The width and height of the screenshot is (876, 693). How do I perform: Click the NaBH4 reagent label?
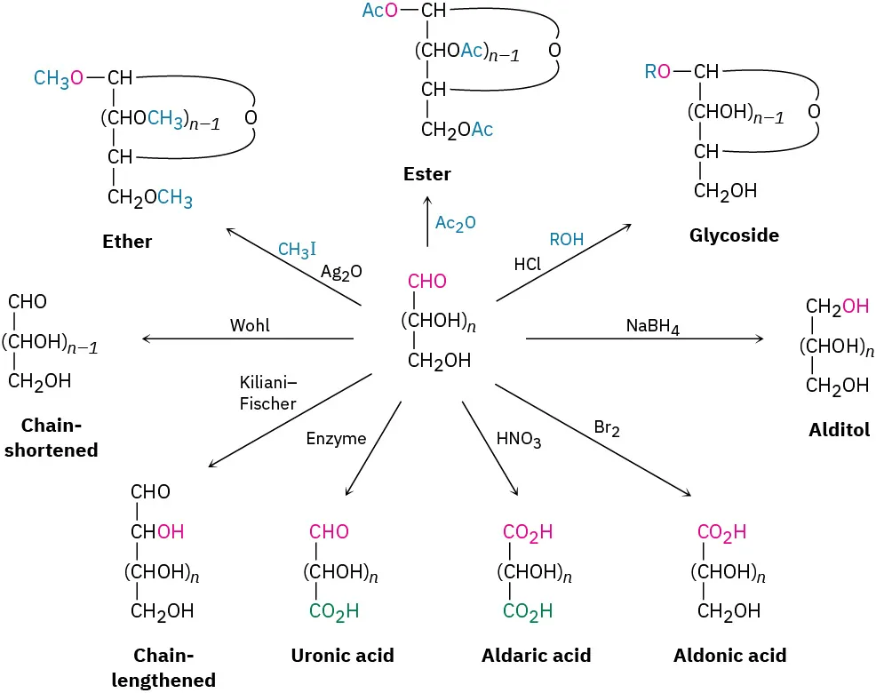[x=653, y=326]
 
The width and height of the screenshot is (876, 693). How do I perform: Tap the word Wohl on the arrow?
[x=250, y=326]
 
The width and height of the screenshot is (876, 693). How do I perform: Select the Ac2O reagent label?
[x=456, y=223]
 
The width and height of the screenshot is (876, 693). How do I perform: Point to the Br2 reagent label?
[x=607, y=429]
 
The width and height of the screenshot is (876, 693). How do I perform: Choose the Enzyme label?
[x=336, y=438]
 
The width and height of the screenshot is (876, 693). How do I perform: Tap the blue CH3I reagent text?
[x=298, y=250]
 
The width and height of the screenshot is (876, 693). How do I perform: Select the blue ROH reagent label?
[x=567, y=239]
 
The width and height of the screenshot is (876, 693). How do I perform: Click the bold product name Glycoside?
[x=734, y=235]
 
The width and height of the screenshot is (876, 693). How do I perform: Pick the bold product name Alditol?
[x=839, y=430]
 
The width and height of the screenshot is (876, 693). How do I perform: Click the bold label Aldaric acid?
[x=536, y=656]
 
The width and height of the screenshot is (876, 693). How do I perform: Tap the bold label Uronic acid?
[x=342, y=656]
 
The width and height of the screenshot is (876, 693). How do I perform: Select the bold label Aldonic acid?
[x=729, y=656]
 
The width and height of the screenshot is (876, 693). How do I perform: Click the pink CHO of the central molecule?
[x=427, y=282]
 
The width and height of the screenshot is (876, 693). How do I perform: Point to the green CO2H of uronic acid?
[x=334, y=611]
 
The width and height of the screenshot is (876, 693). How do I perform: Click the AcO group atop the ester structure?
[x=380, y=11]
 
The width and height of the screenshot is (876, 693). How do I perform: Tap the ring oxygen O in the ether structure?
[x=251, y=118]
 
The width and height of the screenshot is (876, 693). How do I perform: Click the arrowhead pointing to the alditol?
[x=760, y=339]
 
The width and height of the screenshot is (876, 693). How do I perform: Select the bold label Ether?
[x=127, y=242]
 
